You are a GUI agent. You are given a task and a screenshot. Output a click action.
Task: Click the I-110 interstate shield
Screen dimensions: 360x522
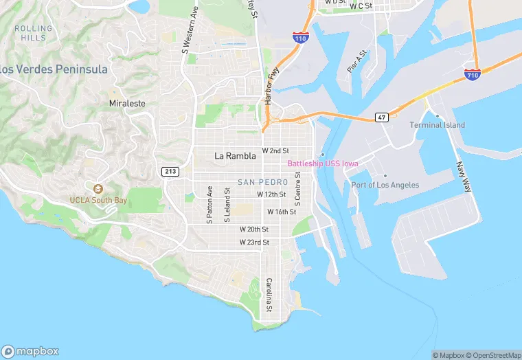pos(300,37)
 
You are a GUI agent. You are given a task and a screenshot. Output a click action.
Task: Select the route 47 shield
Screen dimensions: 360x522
pos(381,117)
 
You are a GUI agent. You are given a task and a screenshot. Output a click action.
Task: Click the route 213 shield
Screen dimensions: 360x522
pos(170,170)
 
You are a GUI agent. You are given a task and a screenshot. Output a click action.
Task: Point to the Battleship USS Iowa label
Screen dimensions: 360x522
pos(323,163)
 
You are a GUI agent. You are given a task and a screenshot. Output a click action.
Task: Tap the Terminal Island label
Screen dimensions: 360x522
pos(437,125)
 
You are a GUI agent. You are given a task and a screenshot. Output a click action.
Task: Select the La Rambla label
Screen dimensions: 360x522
pos(235,156)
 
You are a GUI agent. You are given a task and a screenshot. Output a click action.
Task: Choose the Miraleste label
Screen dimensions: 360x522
pos(127,103)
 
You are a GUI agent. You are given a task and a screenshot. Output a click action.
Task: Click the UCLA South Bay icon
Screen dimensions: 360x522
pos(98,188)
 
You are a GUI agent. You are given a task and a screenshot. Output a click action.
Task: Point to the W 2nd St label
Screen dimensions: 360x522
pos(275,150)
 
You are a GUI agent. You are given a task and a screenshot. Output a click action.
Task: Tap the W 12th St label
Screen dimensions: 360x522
pos(271,194)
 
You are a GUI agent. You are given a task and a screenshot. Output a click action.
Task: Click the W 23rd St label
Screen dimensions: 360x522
pos(254,243)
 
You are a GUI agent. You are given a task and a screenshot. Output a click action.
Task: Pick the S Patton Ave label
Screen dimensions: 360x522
pos(210,205)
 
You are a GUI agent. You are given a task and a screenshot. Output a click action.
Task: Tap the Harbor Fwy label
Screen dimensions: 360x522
pos(268,87)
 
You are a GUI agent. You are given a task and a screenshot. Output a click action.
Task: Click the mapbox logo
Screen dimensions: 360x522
pos(30,350)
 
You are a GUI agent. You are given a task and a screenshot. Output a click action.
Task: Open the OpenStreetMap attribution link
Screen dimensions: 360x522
pos(493,355)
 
